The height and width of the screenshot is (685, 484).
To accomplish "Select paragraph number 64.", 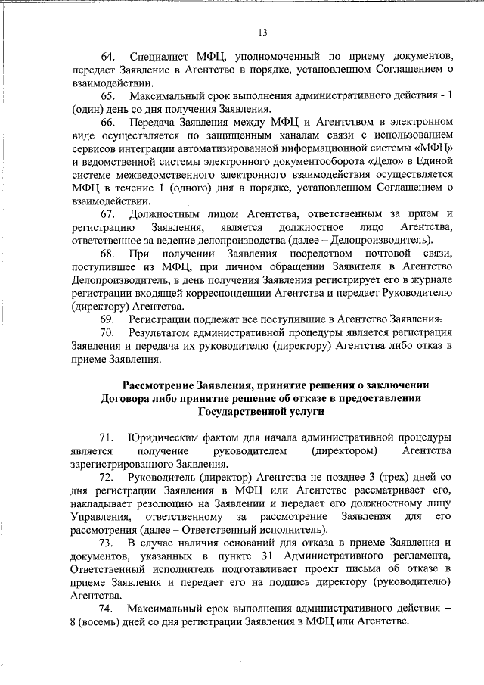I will click(108, 57).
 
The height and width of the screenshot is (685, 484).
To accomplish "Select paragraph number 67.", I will click(108, 214).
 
